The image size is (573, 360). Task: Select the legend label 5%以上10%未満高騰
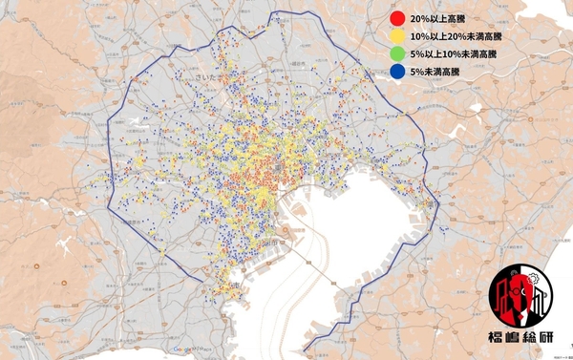tap(453, 53)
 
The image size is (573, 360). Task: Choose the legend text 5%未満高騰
tap(434, 71)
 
